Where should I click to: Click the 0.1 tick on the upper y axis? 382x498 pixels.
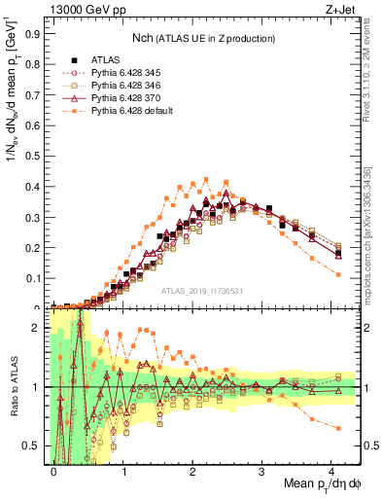click(33, 278)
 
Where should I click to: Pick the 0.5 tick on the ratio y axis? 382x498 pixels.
click(33, 445)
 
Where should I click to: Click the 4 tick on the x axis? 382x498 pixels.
click(331, 470)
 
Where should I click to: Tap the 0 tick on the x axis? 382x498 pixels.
click(53, 470)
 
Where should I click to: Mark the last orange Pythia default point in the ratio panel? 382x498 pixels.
click(337, 428)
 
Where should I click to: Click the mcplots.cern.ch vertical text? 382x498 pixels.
click(372, 253)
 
